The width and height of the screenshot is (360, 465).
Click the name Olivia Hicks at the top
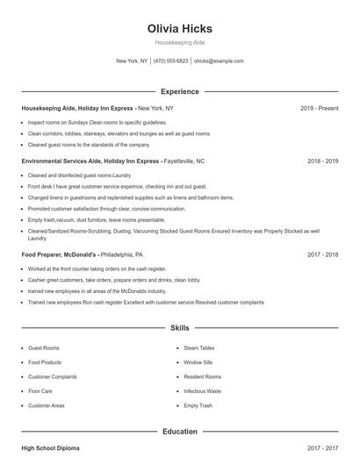click(x=179, y=28)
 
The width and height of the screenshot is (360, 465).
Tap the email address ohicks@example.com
click(x=219, y=61)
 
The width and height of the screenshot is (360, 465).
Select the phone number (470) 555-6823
click(x=170, y=61)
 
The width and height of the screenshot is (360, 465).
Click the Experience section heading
click(x=180, y=91)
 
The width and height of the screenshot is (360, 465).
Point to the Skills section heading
click(x=179, y=328)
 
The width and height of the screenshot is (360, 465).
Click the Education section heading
click(x=179, y=432)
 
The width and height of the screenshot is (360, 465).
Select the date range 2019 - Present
click(x=319, y=108)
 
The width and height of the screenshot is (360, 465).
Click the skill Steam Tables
click(x=198, y=348)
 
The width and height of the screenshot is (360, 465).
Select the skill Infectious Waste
click(x=202, y=391)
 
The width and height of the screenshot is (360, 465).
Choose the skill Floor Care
click(x=40, y=391)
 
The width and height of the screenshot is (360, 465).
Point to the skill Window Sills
click(x=198, y=362)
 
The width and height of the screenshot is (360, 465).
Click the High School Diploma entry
click(x=50, y=448)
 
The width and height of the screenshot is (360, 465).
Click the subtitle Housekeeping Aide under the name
click(x=179, y=42)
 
